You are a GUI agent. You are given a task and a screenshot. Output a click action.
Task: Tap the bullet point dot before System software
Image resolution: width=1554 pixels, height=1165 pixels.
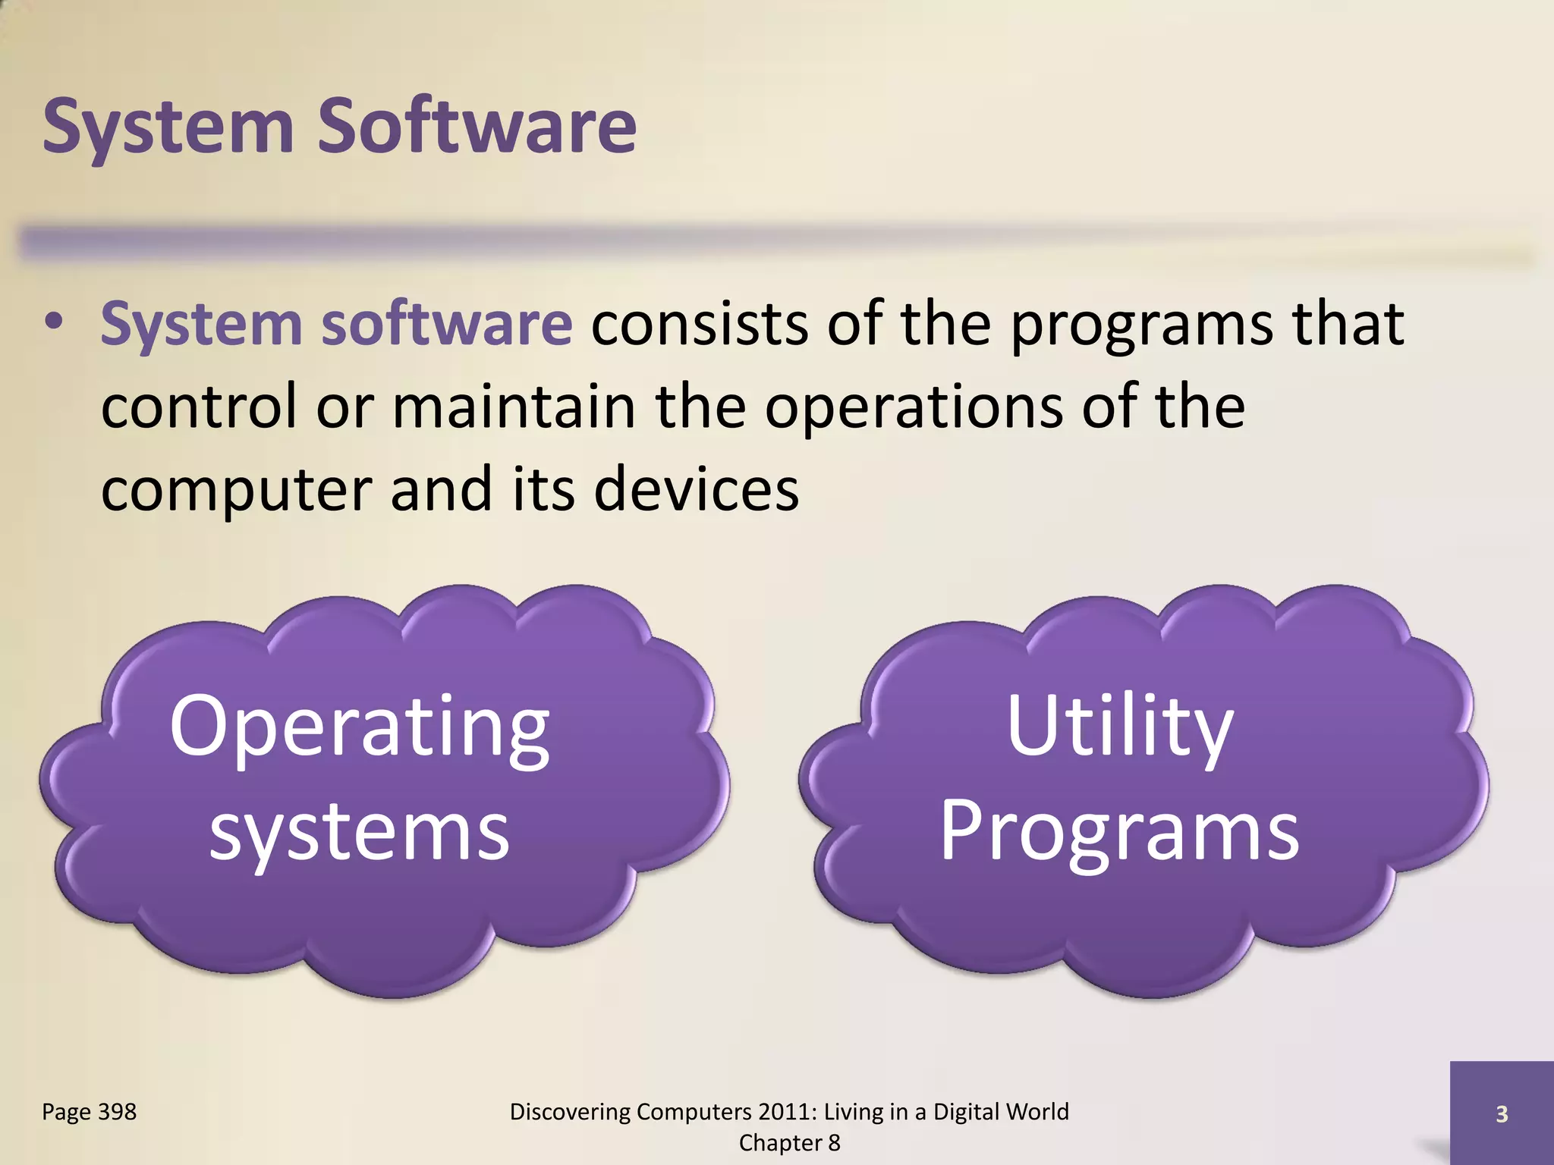[53, 323]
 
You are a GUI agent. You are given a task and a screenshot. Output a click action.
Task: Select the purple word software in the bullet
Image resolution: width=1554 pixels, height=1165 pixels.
[446, 324]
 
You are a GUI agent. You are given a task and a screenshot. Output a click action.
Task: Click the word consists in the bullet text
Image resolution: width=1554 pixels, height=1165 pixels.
[699, 324]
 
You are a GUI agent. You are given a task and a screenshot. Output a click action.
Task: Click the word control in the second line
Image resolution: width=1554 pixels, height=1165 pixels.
[199, 407]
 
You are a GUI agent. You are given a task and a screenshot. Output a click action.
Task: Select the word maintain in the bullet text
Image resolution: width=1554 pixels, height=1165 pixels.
[513, 407]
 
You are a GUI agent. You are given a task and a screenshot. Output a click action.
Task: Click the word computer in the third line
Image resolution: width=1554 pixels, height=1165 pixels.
[235, 491]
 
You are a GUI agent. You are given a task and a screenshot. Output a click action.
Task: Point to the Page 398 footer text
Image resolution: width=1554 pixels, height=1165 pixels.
[89, 1112]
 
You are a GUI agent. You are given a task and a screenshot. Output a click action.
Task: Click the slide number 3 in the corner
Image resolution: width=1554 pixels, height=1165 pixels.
[1501, 1114]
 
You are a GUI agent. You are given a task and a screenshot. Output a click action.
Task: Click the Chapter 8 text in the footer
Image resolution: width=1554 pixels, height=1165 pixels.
[789, 1143]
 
